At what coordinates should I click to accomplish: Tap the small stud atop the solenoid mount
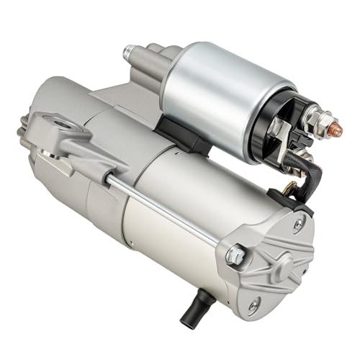(130, 52)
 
